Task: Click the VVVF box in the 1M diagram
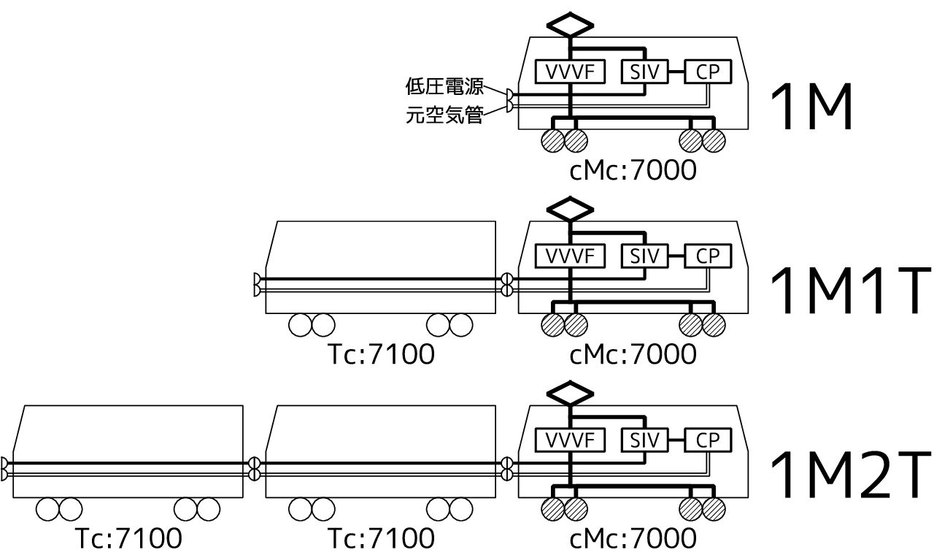(571, 72)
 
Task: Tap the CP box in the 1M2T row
(707, 440)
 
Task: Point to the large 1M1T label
(851, 293)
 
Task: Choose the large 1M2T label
(851, 477)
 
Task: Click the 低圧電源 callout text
(444, 87)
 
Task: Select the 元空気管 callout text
(444, 115)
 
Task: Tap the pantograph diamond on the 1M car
(571, 24)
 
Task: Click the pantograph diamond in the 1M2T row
(571, 393)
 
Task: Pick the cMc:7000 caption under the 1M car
(632, 170)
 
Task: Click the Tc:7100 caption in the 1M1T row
(380, 355)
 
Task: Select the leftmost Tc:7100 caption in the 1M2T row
(128, 540)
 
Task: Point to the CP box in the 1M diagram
(707, 72)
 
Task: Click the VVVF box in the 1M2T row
(571, 440)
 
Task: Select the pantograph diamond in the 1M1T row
(571, 209)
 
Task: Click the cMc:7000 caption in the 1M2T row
(632, 540)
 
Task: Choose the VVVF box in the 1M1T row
(571, 256)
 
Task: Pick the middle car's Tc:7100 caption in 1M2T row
(380, 540)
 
